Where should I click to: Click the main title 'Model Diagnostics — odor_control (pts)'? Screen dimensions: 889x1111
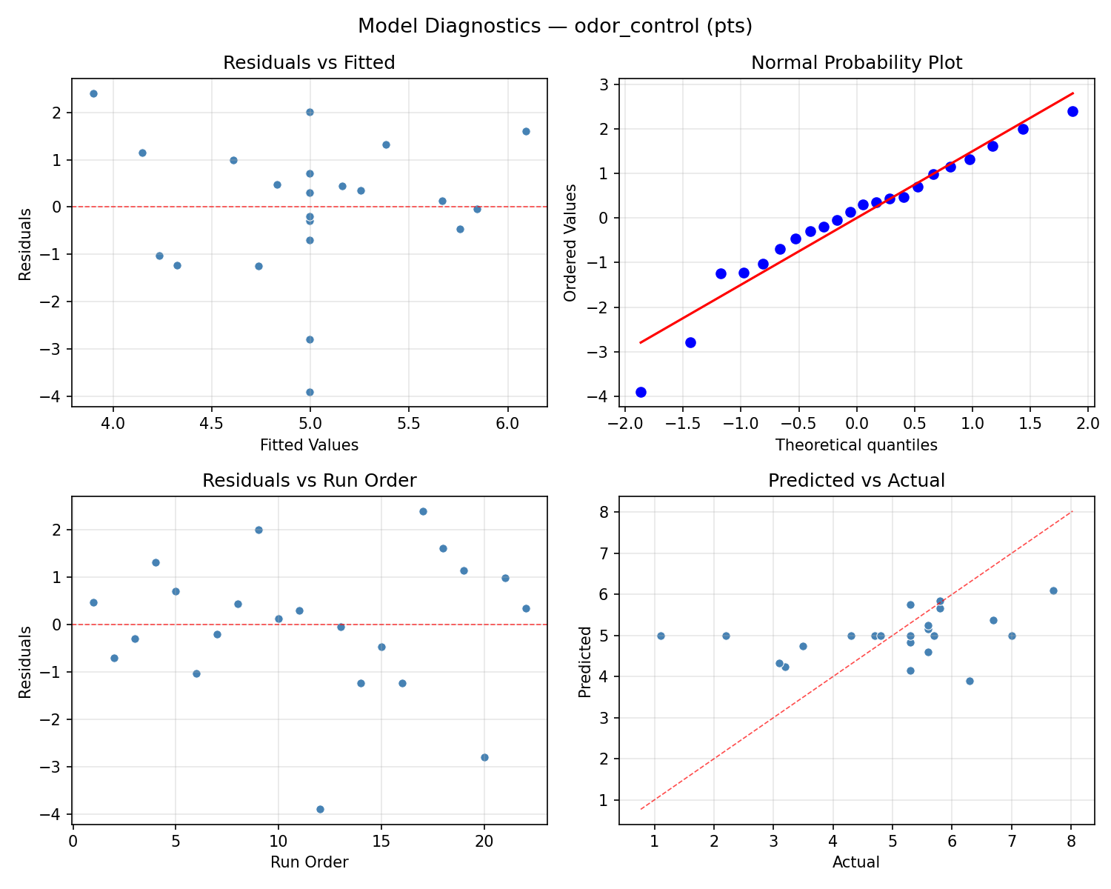click(x=555, y=27)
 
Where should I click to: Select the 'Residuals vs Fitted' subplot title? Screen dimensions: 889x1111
click(x=309, y=63)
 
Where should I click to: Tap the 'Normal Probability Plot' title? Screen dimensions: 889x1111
click(x=856, y=63)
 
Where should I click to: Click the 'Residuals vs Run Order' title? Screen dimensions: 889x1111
click(x=309, y=481)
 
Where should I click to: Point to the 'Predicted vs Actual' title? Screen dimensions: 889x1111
click(x=856, y=481)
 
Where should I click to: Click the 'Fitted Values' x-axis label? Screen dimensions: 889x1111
click(x=309, y=445)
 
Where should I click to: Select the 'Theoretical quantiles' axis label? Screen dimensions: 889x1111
click(x=856, y=445)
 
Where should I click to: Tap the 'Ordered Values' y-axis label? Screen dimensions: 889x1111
click(x=570, y=242)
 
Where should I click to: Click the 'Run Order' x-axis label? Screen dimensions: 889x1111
click(x=309, y=862)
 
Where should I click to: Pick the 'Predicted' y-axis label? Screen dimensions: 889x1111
click(x=585, y=661)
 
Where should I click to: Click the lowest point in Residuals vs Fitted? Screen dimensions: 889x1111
click(x=310, y=392)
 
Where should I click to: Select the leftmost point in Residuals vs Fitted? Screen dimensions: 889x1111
click(x=93, y=93)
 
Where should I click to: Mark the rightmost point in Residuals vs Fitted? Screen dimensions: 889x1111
click(x=526, y=131)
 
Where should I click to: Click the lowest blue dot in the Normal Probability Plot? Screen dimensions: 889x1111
click(x=641, y=392)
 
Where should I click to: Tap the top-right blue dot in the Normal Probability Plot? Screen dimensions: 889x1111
click(x=1072, y=111)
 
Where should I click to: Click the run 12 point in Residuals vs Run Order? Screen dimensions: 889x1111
click(x=320, y=809)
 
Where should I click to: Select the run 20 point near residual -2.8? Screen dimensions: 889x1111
click(x=484, y=757)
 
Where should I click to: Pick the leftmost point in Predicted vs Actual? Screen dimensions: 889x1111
click(x=661, y=636)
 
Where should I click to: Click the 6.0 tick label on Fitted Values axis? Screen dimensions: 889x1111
click(x=507, y=426)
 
